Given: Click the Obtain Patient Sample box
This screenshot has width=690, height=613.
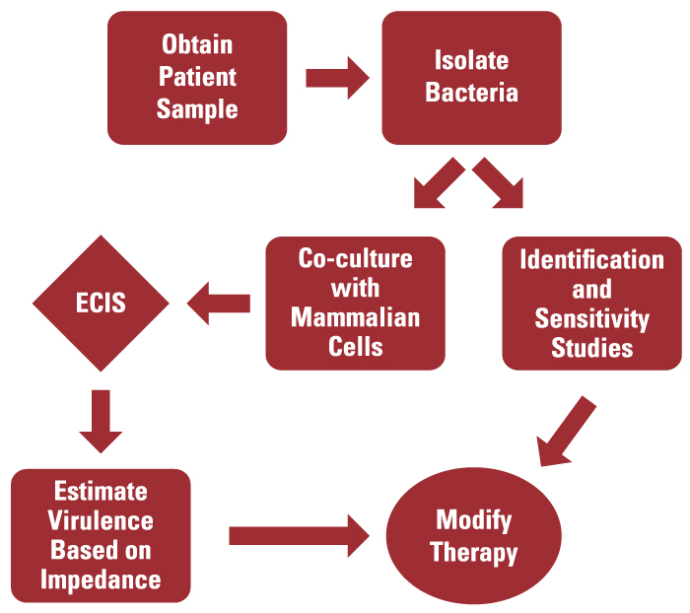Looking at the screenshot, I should pos(197,77).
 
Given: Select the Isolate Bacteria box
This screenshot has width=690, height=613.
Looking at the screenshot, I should pos(471,77).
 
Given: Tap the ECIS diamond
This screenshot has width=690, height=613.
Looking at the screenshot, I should pos(101,302).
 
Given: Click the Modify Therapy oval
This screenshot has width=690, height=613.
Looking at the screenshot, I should pos(473,536).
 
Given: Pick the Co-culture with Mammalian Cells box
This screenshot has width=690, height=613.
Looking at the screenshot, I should pos(355,303).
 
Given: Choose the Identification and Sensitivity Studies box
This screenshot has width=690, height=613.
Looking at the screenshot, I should pos(591,303).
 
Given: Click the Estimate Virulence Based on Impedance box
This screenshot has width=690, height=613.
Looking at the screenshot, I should pos(101,535).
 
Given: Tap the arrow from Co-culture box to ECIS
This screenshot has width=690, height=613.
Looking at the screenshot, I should pos(218,303).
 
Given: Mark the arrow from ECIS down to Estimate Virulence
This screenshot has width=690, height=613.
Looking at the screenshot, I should pos(101,418).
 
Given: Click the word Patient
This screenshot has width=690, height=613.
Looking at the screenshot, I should pos(197,77).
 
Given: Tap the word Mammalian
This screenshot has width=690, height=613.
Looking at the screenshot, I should pos(356,317).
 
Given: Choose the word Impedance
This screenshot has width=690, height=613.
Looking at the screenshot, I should pos(101,579).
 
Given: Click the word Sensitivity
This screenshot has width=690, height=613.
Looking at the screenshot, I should pos(591,318).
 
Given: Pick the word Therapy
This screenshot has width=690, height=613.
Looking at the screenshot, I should pos(474,553).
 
